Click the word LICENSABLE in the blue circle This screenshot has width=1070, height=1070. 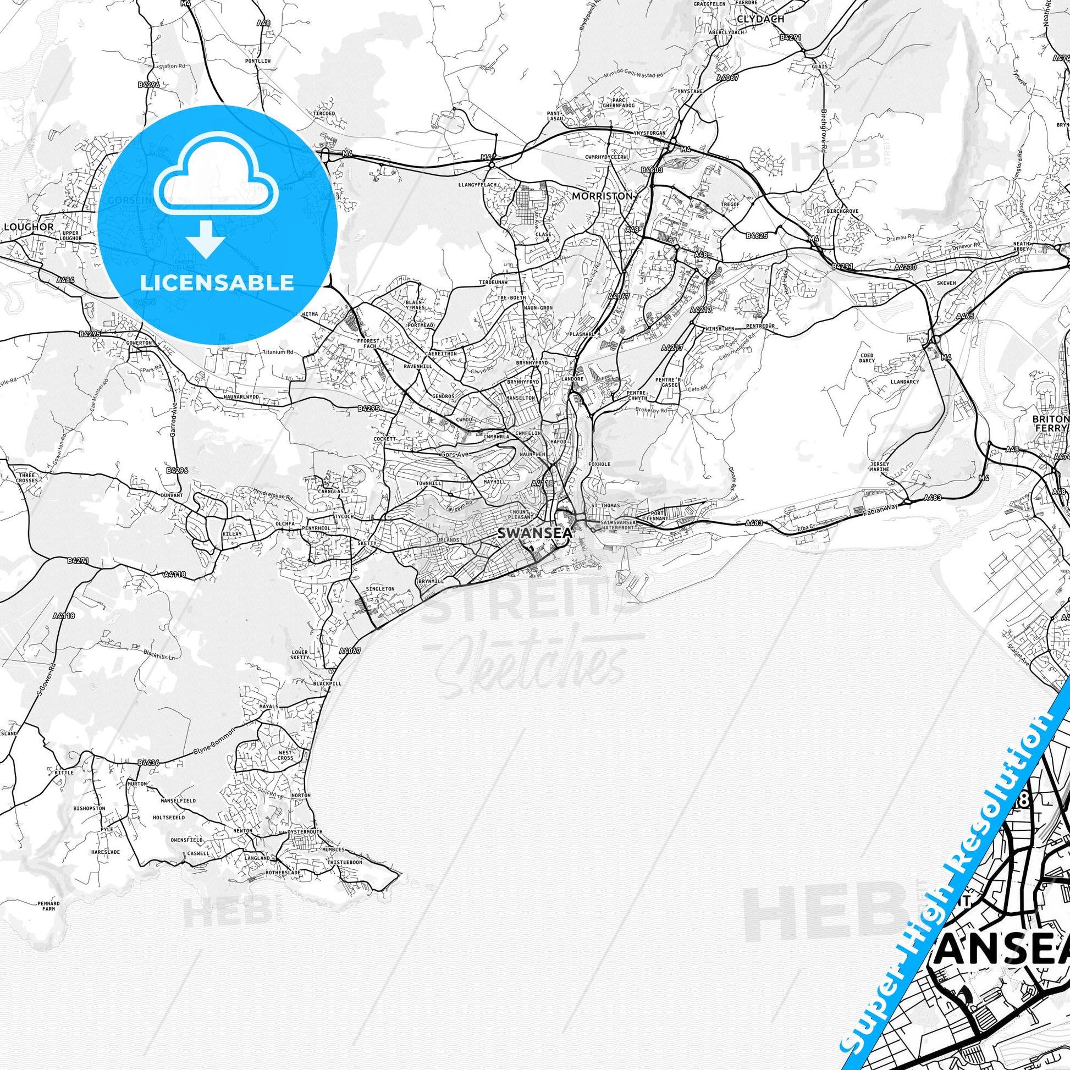pyautogui.click(x=217, y=283)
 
